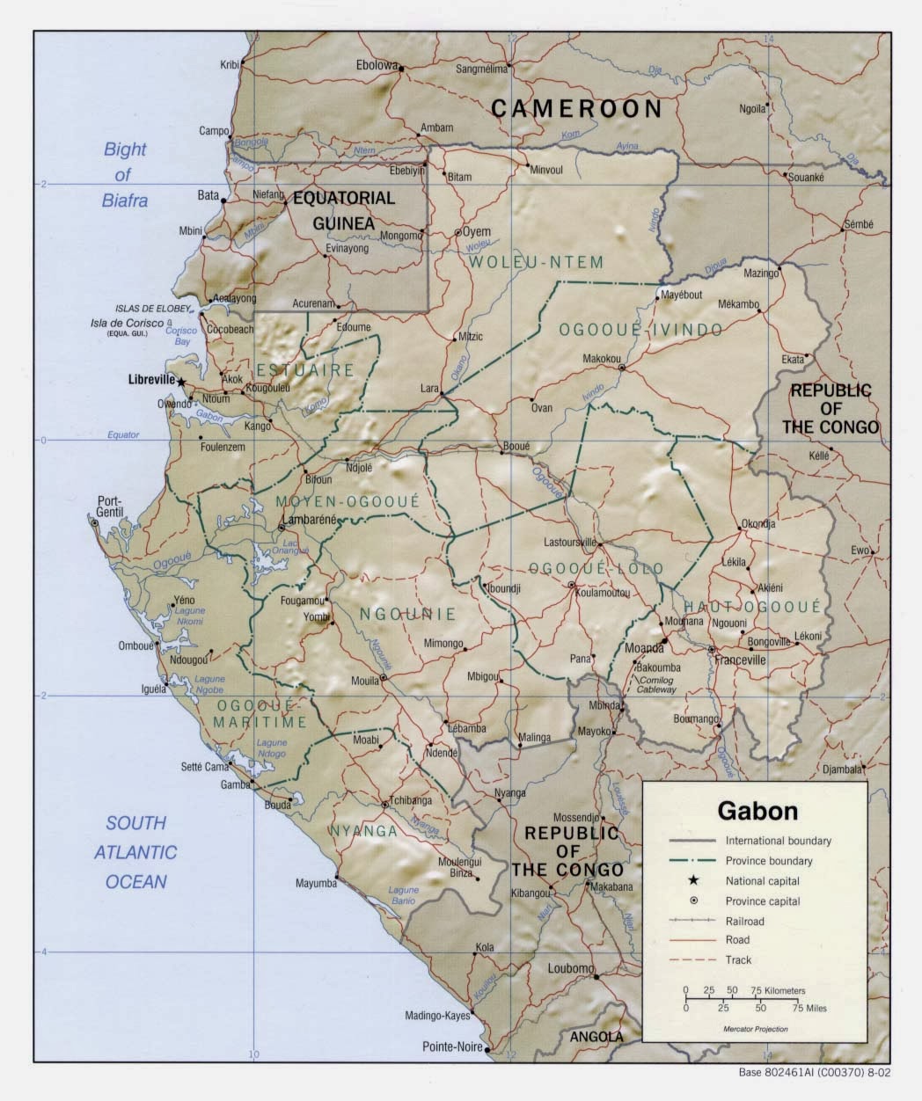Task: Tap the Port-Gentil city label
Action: [113, 507]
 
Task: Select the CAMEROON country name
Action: [576, 108]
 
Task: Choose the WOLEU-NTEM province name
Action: [536, 262]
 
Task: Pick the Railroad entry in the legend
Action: [744, 921]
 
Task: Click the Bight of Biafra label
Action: [125, 174]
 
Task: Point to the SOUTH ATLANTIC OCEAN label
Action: [135, 852]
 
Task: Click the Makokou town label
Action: [602, 359]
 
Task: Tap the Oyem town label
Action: [476, 232]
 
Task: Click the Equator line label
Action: [123, 434]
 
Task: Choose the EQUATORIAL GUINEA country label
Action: [345, 211]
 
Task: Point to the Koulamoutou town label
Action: [603, 594]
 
